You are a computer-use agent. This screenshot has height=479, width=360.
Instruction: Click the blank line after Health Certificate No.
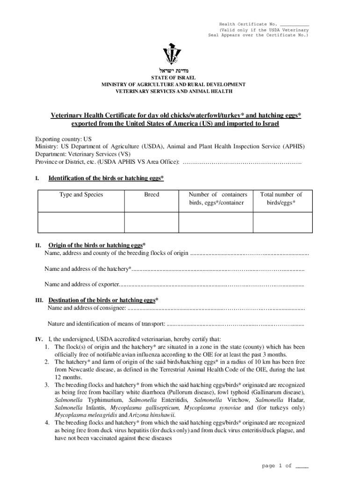point(295,24)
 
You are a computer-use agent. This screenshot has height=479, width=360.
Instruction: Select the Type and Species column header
point(81,195)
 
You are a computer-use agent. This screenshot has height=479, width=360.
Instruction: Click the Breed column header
point(151,195)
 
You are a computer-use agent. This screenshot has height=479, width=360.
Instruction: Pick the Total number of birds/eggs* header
point(281,198)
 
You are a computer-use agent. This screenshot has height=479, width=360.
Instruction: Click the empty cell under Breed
point(151,222)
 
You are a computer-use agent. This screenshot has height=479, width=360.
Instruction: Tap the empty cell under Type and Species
point(81,222)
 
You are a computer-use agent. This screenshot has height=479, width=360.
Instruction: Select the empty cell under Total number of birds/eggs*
point(281,222)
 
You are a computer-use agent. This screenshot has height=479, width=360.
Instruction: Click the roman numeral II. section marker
point(39,245)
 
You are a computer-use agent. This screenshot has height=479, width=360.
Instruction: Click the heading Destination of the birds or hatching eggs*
point(103,300)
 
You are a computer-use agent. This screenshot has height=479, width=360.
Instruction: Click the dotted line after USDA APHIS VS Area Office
point(242,162)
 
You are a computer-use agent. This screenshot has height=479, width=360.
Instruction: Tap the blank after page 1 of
point(302,466)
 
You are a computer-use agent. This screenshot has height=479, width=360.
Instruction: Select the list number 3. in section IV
point(47,385)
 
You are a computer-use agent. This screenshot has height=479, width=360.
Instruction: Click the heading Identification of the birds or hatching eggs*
point(106,178)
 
